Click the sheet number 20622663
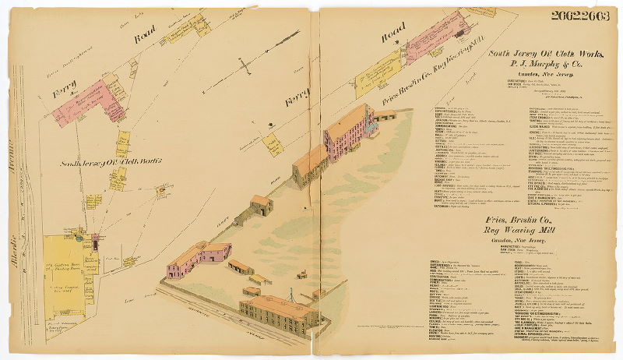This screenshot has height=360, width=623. pos(581,16)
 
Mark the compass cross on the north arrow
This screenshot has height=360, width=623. pos(246,69)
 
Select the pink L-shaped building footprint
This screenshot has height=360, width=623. pos(86,101)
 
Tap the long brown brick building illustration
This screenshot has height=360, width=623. pos(278,312)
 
